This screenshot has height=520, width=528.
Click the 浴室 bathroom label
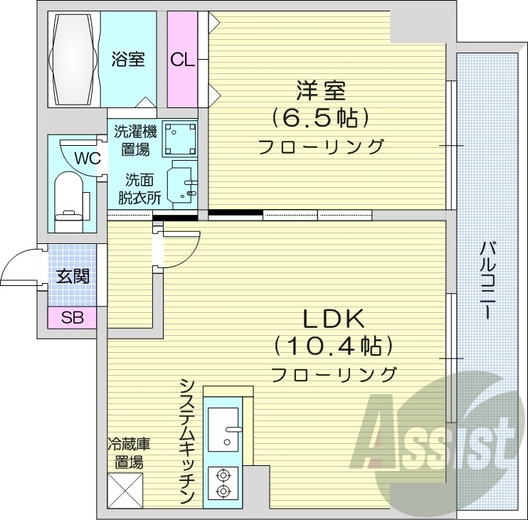click(x=128, y=59)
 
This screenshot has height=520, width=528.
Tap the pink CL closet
click(x=182, y=60)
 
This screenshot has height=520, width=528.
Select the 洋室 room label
click(x=321, y=92)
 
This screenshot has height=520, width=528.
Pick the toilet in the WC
click(x=71, y=194)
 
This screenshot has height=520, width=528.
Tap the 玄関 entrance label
click(x=73, y=275)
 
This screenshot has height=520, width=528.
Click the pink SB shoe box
click(x=72, y=317)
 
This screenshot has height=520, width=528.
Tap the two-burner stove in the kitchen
click(x=223, y=482)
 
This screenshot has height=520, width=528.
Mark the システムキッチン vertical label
click(x=188, y=441)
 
